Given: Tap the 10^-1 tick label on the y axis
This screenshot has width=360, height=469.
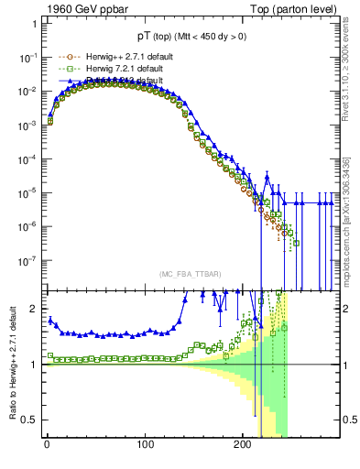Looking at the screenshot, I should tap(27, 58).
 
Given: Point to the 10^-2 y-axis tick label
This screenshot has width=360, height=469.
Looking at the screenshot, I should tap(27, 92).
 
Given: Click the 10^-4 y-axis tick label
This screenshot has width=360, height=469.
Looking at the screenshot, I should tap(27, 158).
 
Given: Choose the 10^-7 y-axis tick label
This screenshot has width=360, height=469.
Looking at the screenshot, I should tap(27, 259).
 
